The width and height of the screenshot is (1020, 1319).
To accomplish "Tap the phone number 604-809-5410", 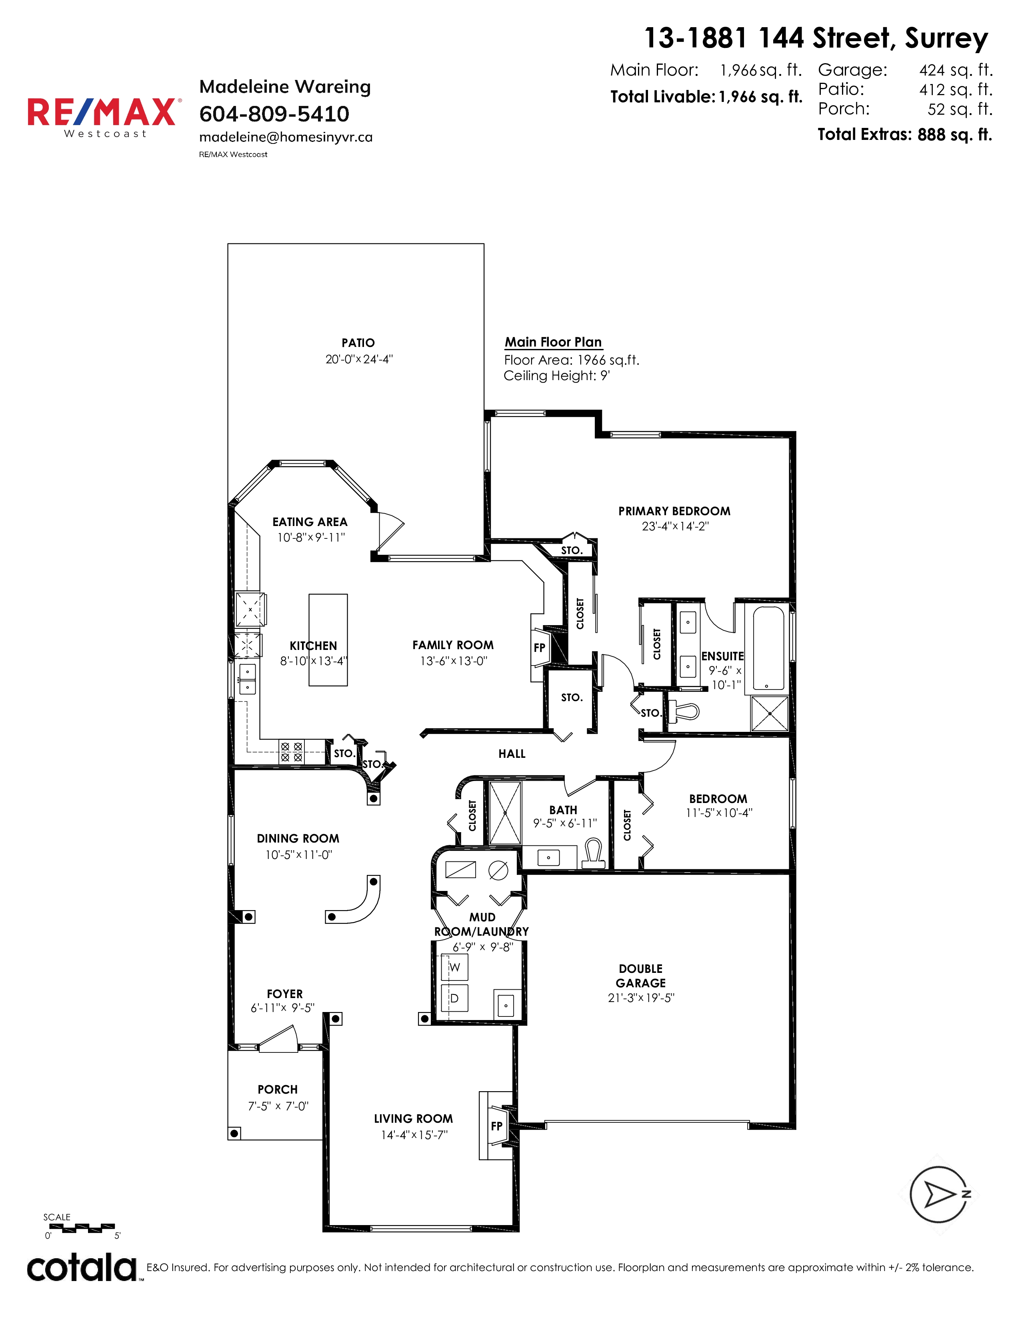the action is click(274, 114).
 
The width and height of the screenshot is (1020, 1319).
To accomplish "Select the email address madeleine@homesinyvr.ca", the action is click(286, 137).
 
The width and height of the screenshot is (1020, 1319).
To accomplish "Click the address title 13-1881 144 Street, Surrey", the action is click(816, 38).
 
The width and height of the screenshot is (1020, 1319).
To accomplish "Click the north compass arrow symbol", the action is click(941, 1195).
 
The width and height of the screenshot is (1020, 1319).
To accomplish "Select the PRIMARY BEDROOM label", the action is click(674, 511).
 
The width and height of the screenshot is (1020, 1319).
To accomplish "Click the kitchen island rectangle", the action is click(328, 640).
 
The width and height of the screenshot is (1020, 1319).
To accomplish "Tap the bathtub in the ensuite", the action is click(769, 648).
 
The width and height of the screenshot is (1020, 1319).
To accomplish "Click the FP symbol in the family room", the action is click(539, 648).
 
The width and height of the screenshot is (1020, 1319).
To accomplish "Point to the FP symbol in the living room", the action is click(497, 1126).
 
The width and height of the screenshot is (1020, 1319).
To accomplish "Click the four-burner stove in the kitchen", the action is click(291, 752).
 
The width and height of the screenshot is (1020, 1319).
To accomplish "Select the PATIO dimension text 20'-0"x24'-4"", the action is click(359, 359).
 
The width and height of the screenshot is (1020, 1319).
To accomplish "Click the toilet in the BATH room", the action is click(593, 853).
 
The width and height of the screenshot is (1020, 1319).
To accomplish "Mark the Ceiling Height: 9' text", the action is click(556, 376).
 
